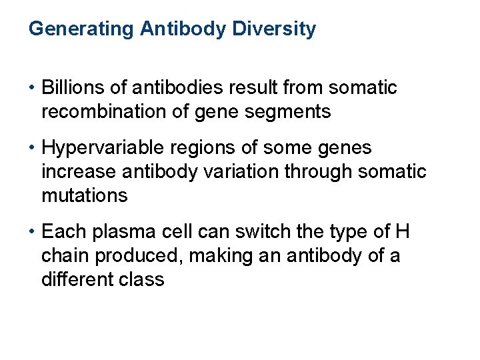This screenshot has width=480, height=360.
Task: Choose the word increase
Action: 79,172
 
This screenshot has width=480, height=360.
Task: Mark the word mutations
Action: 84,195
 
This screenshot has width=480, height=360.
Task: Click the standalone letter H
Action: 402,232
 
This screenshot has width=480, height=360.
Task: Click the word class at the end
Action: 144,279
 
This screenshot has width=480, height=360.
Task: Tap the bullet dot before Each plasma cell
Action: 33,233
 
